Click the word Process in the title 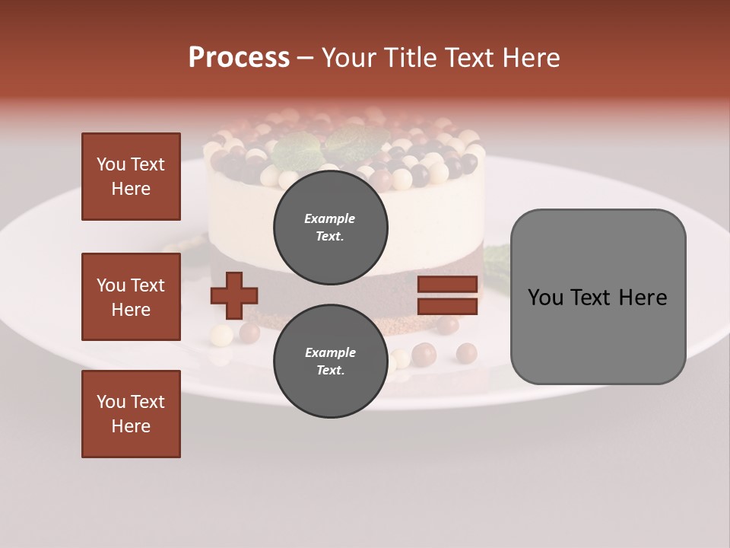pyautogui.click(x=239, y=58)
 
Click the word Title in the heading pyautogui.click(x=411, y=58)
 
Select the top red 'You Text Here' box pyautogui.click(x=131, y=177)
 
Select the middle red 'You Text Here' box pyautogui.click(x=131, y=297)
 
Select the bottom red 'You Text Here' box pyautogui.click(x=131, y=414)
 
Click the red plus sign pyautogui.click(x=234, y=295)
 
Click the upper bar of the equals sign pyautogui.click(x=447, y=284)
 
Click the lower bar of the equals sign pyautogui.click(x=447, y=307)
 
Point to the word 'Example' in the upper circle pyautogui.click(x=330, y=218)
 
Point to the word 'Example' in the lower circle pyautogui.click(x=330, y=352)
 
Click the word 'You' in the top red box pyautogui.click(x=111, y=164)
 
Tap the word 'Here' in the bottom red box pyautogui.click(x=131, y=426)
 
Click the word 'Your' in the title pyautogui.click(x=349, y=58)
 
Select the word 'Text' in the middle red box pyautogui.click(x=148, y=285)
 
